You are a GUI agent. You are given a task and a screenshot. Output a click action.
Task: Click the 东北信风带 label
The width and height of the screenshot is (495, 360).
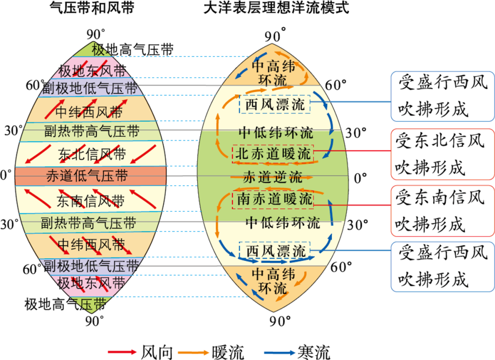click(x=92, y=155)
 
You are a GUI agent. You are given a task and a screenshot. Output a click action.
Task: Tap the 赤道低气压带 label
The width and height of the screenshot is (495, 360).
click(x=87, y=176)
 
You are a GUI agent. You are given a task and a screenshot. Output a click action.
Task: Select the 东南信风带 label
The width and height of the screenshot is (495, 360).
click(x=91, y=200)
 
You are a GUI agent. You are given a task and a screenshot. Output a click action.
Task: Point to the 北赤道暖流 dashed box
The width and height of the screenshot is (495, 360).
click(x=273, y=154)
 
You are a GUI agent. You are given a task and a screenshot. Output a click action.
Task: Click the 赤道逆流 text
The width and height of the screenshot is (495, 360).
click(x=273, y=177)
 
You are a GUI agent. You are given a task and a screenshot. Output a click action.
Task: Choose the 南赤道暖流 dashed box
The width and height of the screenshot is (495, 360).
click(x=275, y=199)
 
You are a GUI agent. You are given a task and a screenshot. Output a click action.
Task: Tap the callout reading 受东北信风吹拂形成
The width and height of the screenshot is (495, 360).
click(x=442, y=154)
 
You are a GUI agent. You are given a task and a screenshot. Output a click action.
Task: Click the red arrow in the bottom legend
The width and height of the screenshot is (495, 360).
click(x=122, y=352)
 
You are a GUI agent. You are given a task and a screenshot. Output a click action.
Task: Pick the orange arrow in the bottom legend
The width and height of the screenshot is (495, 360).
click(x=193, y=352)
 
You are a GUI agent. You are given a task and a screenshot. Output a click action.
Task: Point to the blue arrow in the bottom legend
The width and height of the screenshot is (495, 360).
click(x=280, y=352)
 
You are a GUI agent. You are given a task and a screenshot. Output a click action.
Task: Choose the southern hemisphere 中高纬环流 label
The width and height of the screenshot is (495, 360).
click(x=273, y=281)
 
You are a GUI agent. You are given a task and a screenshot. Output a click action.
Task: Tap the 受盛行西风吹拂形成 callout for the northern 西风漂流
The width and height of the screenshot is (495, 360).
click(x=442, y=95)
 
